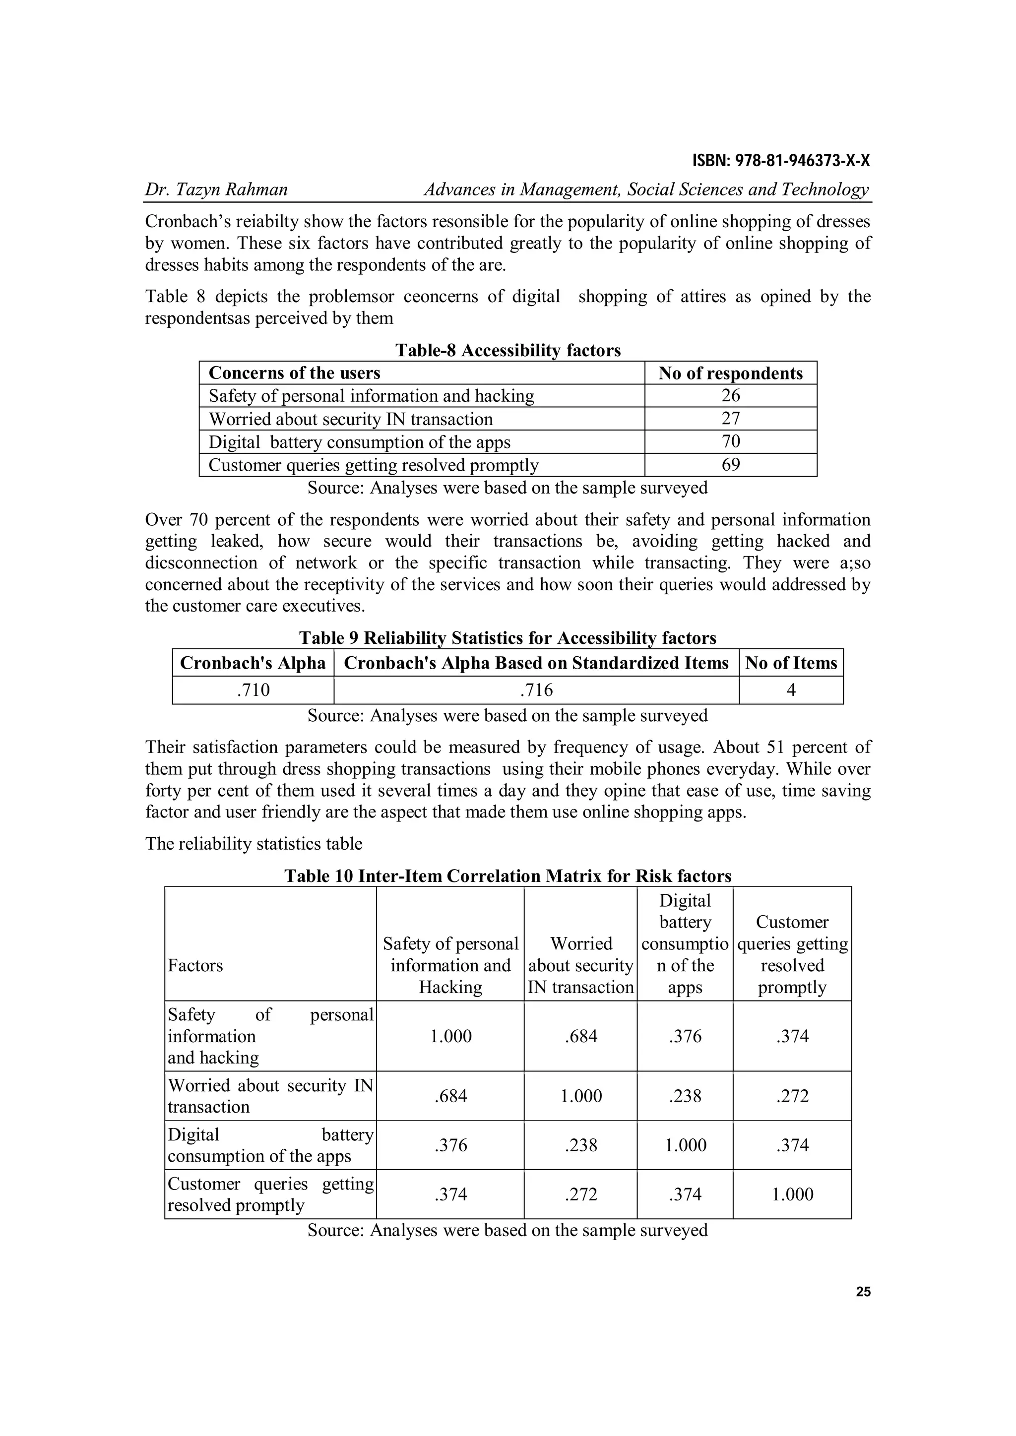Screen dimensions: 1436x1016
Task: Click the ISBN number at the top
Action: [781, 161]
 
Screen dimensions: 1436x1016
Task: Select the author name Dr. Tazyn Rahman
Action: [216, 189]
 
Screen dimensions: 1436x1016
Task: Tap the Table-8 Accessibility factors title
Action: [508, 350]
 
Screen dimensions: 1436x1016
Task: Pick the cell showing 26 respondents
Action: [730, 395]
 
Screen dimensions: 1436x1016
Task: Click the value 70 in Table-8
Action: [730, 441]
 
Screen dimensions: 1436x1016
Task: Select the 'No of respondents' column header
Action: [730, 374]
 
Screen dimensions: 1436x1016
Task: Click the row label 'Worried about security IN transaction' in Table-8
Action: [350, 419]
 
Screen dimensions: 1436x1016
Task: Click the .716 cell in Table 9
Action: [536, 690]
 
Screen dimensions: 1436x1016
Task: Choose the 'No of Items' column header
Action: [791, 663]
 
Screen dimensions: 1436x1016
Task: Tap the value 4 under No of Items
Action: [791, 690]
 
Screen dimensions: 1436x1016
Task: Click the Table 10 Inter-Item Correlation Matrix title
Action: [508, 875]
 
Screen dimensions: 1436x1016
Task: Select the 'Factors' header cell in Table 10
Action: [195, 965]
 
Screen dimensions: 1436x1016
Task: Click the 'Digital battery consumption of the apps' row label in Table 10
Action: [270, 1145]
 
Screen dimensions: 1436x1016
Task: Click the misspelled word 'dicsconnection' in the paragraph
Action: [201, 563]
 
